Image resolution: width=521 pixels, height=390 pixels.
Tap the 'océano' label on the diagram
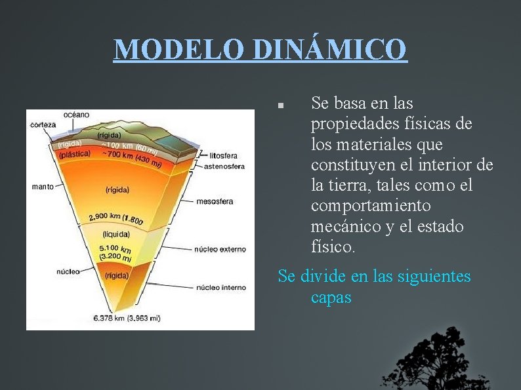point(77,115)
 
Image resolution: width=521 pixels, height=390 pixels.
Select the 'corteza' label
point(43,125)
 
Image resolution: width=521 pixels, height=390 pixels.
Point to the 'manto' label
point(43,187)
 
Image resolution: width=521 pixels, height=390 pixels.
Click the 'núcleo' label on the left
point(68,271)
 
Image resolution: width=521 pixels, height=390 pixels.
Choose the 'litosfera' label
point(223,156)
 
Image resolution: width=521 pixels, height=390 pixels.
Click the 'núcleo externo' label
point(220,249)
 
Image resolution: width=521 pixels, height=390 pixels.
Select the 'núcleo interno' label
point(221,287)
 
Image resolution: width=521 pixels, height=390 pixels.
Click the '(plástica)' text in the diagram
point(74,155)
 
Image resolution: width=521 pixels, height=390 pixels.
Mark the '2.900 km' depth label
point(105,216)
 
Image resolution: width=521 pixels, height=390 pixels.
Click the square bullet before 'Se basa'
point(280,105)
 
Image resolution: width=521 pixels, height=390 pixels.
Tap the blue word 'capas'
point(331,298)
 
